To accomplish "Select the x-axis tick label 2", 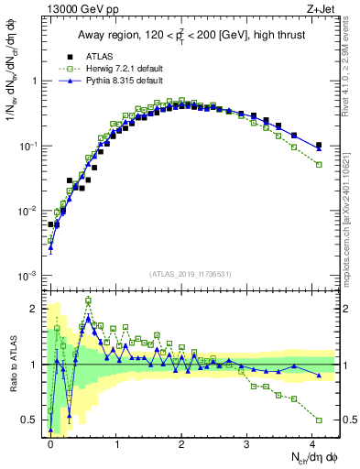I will (x=181, y=442).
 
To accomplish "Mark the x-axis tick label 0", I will (x=50, y=442).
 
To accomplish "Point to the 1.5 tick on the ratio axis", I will (x=33, y=336).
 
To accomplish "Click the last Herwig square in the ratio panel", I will (x=319, y=420).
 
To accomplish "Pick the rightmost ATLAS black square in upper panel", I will (x=319, y=145).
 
